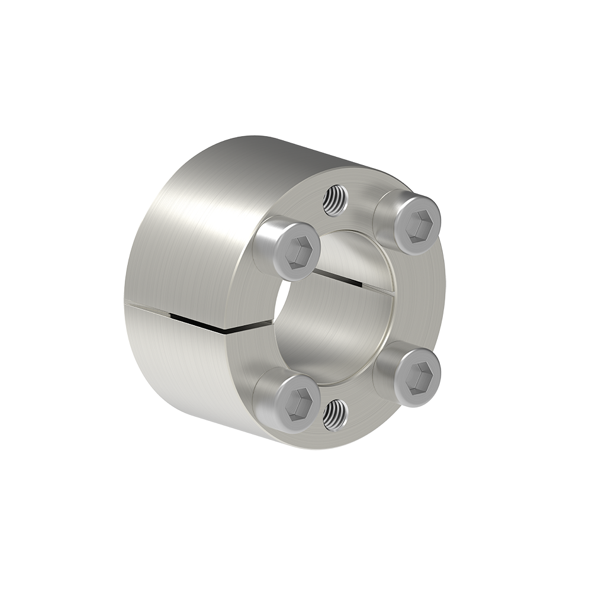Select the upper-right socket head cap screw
(408, 221)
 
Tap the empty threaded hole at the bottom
(335, 414)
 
